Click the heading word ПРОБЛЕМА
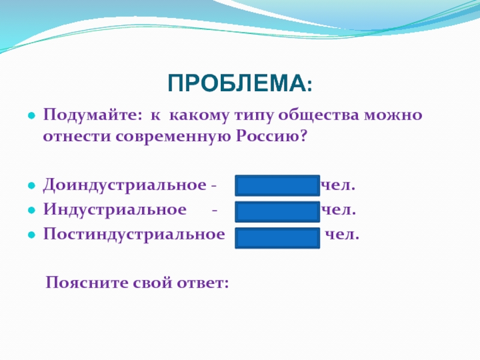click(237, 83)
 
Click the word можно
click(393, 115)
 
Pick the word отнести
click(77, 137)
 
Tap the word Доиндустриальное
click(125, 185)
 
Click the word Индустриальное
click(115, 209)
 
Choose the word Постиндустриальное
click(134, 235)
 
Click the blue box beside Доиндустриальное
click(277, 185)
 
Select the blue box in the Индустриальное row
click(277, 212)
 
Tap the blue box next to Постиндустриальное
click(277, 238)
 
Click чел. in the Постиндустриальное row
click(342, 235)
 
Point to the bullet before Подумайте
click(32, 116)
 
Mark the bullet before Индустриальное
click(32, 211)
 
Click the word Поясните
click(87, 282)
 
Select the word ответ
click(203, 283)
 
